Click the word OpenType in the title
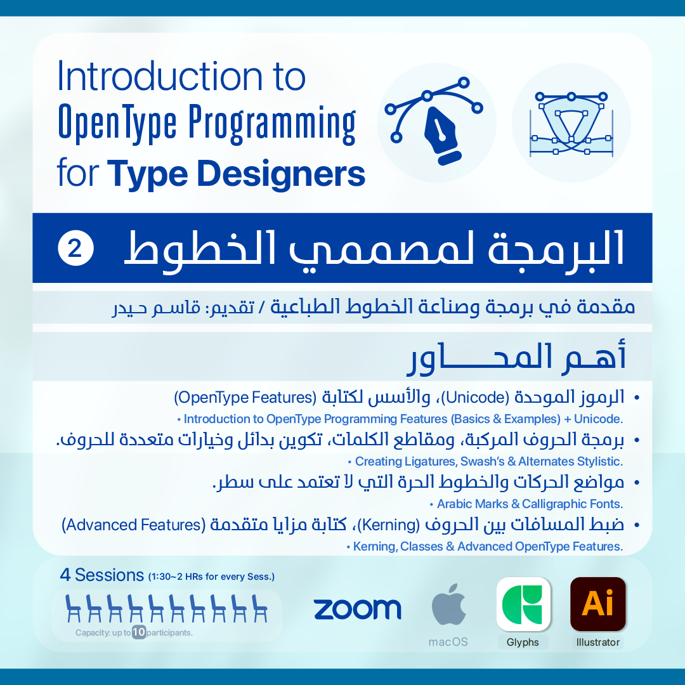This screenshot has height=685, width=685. click(117, 124)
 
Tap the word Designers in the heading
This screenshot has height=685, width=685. click(281, 174)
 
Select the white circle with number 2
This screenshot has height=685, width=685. click(75, 248)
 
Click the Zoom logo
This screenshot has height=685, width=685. click(357, 609)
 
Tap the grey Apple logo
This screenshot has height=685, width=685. click(448, 604)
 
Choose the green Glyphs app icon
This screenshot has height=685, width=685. click(523, 604)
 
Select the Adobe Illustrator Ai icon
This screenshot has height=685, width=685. click(598, 604)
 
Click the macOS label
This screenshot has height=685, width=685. click(448, 642)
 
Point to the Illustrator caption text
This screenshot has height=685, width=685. click(598, 642)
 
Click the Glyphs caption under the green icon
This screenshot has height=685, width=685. click(523, 642)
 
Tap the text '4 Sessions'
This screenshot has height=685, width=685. click(101, 575)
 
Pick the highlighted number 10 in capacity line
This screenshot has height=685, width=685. click(139, 632)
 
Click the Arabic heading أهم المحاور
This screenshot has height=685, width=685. click(518, 357)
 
